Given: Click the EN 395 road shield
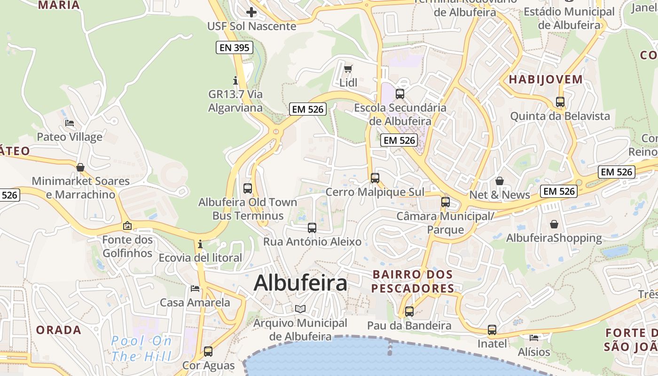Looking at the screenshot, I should coord(235,47).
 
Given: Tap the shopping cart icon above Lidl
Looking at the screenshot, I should coord(348,69).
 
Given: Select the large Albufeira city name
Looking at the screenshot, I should coord(300,283).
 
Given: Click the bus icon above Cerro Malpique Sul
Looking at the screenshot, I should coord(375,178).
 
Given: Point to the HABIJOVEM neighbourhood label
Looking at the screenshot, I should coord(546,79).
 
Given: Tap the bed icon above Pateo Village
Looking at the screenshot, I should coord(70,123).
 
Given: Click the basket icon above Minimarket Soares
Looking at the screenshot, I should coord(80,167).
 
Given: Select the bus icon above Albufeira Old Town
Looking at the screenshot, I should coord(248,188).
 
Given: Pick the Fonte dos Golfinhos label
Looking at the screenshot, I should coord(127,246).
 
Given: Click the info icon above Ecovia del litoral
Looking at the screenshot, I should coord(200,244).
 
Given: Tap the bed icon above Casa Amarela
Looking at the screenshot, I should coord(195,288).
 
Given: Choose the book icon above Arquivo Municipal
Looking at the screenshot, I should coord(300,309).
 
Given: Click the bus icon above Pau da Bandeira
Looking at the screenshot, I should coord(409,311).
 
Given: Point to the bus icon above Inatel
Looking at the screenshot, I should coord(492,330).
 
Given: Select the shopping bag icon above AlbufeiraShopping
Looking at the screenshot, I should coord(554,224).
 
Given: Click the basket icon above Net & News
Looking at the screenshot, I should coord(500,181).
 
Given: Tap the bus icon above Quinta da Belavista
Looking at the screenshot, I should coord(560,102).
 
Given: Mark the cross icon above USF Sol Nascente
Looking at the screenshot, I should coord(251,12).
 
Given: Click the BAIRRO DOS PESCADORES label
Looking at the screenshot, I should coord(412,281).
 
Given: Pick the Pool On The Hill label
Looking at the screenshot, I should coord(141,348).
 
